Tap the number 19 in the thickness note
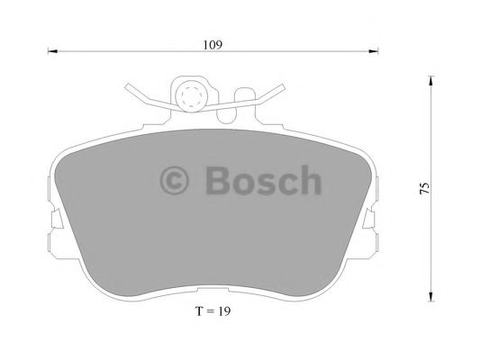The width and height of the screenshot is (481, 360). pyautogui.click(x=234, y=313)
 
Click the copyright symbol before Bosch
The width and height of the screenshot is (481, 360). pyautogui.click(x=177, y=181)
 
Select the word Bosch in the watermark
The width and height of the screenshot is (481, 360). pyautogui.click(x=262, y=180)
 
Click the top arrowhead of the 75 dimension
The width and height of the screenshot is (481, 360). pyautogui.click(x=431, y=82)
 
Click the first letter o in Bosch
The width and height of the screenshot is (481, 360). pyautogui.click(x=244, y=183)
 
